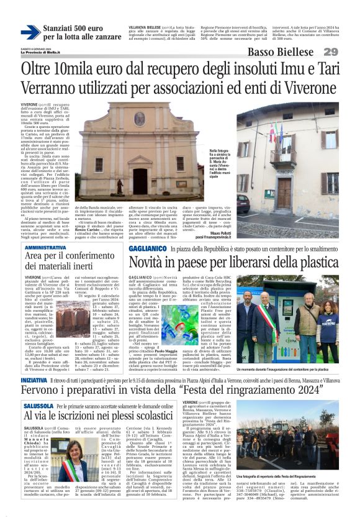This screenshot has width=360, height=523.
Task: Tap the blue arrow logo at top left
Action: tap(30, 32)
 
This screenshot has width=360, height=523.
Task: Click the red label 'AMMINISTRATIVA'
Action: tap(45, 247)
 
